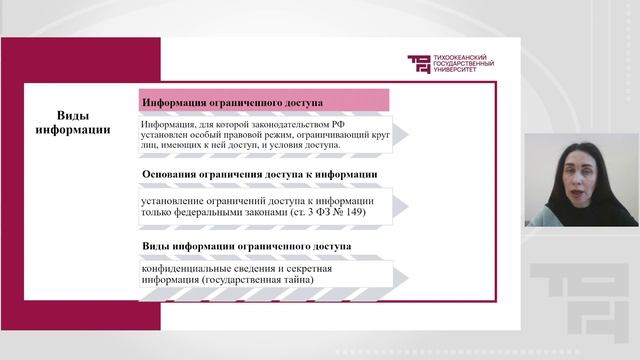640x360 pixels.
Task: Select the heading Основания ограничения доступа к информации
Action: click(x=259, y=175)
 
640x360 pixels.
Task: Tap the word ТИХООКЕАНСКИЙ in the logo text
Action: click(x=464, y=57)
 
